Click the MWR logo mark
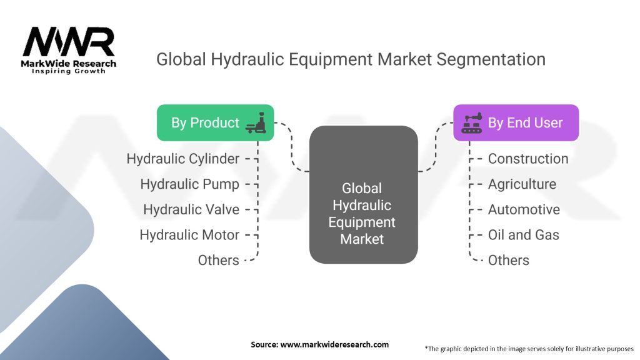tap(69, 42)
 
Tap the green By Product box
tap(215, 123)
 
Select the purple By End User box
tap(516, 123)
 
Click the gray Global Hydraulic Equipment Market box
tap(363, 195)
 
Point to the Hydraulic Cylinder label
tap(183, 159)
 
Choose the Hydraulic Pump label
tap(190, 184)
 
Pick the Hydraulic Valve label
tap(191, 209)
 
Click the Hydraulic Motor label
tap(189, 235)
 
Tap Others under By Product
tap(218, 260)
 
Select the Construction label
tap(528, 159)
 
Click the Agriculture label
tap(522, 184)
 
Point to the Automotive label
tap(524, 209)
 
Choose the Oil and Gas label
tap(524, 235)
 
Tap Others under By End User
tap(509, 260)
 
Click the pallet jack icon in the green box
tap(256, 123)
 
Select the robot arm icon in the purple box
tap(472, 123)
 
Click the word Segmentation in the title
tap(491, 59)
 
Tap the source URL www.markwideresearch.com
tap(334, 344)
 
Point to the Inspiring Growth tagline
tap(69, 71)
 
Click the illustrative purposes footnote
tap(529, 349)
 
